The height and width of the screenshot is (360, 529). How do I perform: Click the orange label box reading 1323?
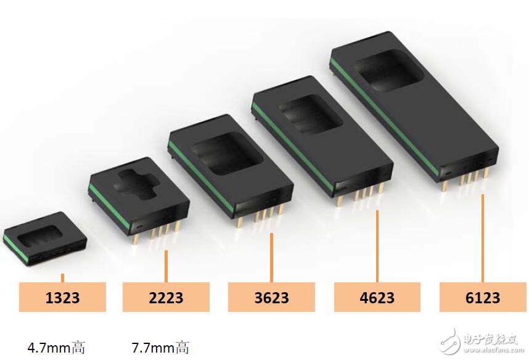[x=62, y=297]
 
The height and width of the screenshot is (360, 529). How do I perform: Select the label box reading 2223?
[x=166, y=297]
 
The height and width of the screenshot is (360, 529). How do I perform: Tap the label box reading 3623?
[x=271, y=297]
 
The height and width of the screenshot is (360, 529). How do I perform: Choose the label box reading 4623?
[x=377, y=297]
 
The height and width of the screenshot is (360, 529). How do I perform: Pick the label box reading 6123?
[x=483, y=297]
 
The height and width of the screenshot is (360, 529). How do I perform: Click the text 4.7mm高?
[x=56, y=347]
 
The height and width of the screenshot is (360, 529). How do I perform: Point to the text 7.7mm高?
[x=160, y=347]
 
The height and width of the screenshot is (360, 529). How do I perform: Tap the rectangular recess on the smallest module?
[x=40, y=235]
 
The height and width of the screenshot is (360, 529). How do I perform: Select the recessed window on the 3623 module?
[x=227, y=153]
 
